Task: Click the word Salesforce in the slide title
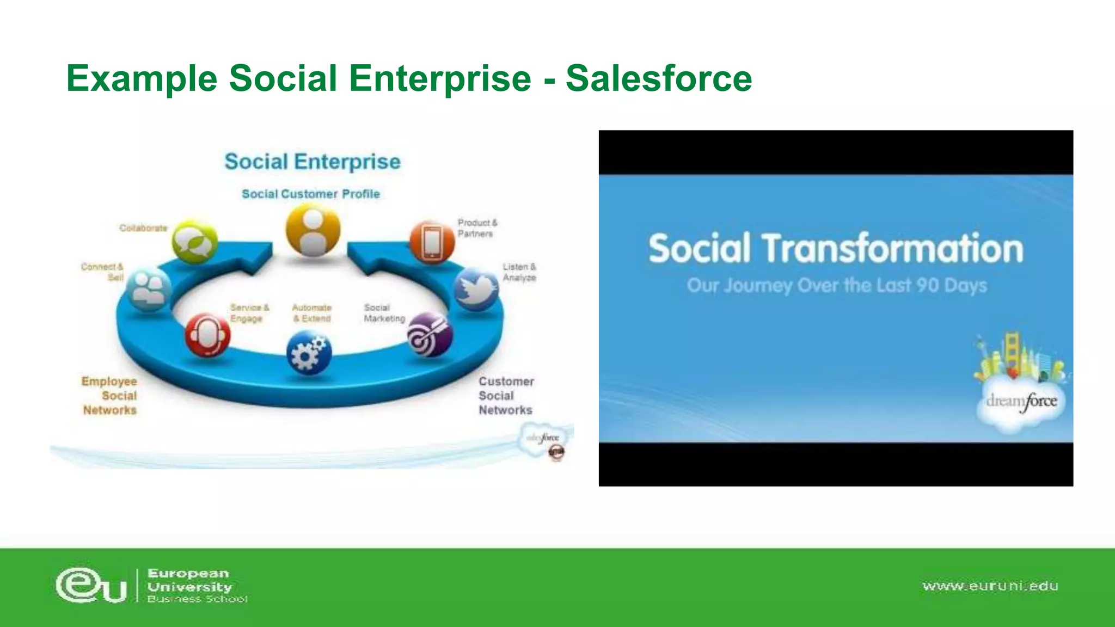(659, 78)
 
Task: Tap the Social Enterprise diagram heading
(313, 162)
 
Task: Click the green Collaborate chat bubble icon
(194, 242)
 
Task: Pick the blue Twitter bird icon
(476, 288)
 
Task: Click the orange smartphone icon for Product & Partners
(431, 242)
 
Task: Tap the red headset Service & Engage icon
(207, 334)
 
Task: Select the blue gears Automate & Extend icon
(309, 354)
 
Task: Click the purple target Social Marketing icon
(430, 335)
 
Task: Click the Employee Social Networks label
(109, 396)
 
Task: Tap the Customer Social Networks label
(506, 396)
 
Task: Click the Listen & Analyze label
(519, 272)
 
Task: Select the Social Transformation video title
(836, 248)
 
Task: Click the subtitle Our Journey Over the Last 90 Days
(836, 285)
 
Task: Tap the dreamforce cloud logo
(1021, 402)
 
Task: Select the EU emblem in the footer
(91, 586)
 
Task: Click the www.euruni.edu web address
(990, 586)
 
